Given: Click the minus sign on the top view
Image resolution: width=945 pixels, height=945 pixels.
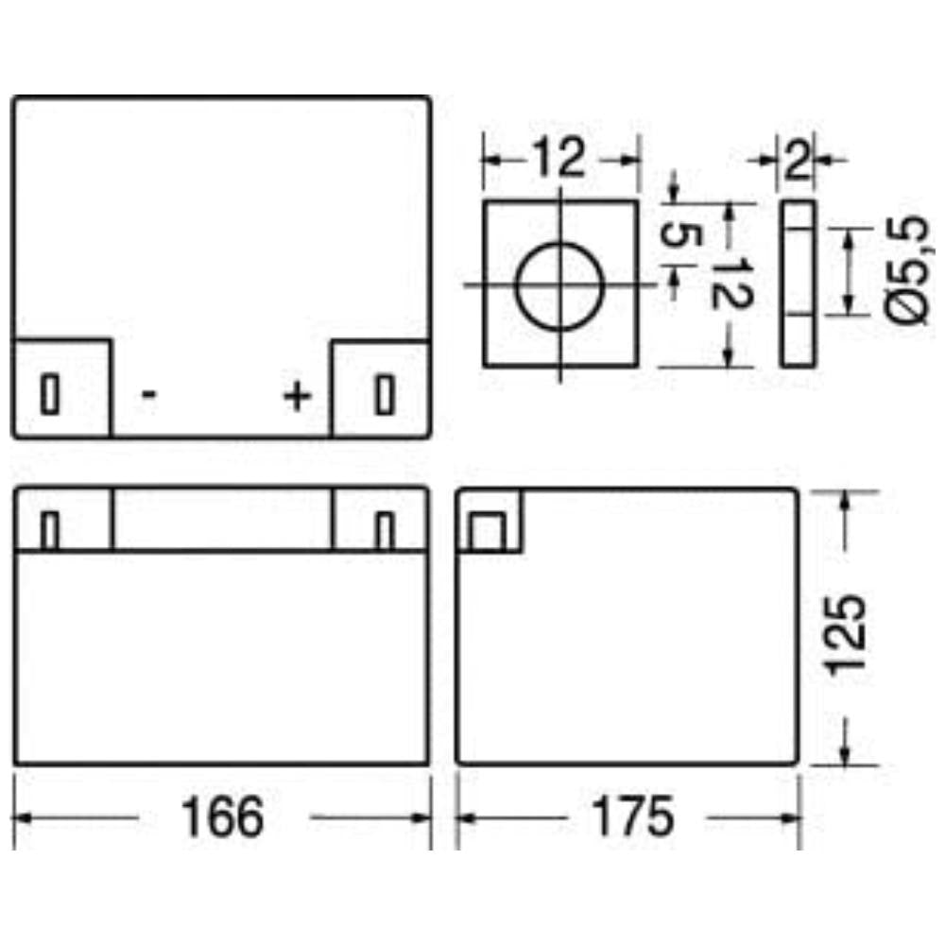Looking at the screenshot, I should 149,394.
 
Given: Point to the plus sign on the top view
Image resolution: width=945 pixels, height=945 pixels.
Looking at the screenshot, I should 297,396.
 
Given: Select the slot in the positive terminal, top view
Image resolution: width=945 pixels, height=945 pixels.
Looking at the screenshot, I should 384,394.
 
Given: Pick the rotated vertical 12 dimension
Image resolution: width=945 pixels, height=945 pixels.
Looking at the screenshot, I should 729,283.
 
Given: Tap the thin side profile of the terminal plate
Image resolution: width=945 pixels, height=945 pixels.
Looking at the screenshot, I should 799,283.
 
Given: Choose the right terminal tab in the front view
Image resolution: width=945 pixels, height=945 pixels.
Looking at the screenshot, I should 384,530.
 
